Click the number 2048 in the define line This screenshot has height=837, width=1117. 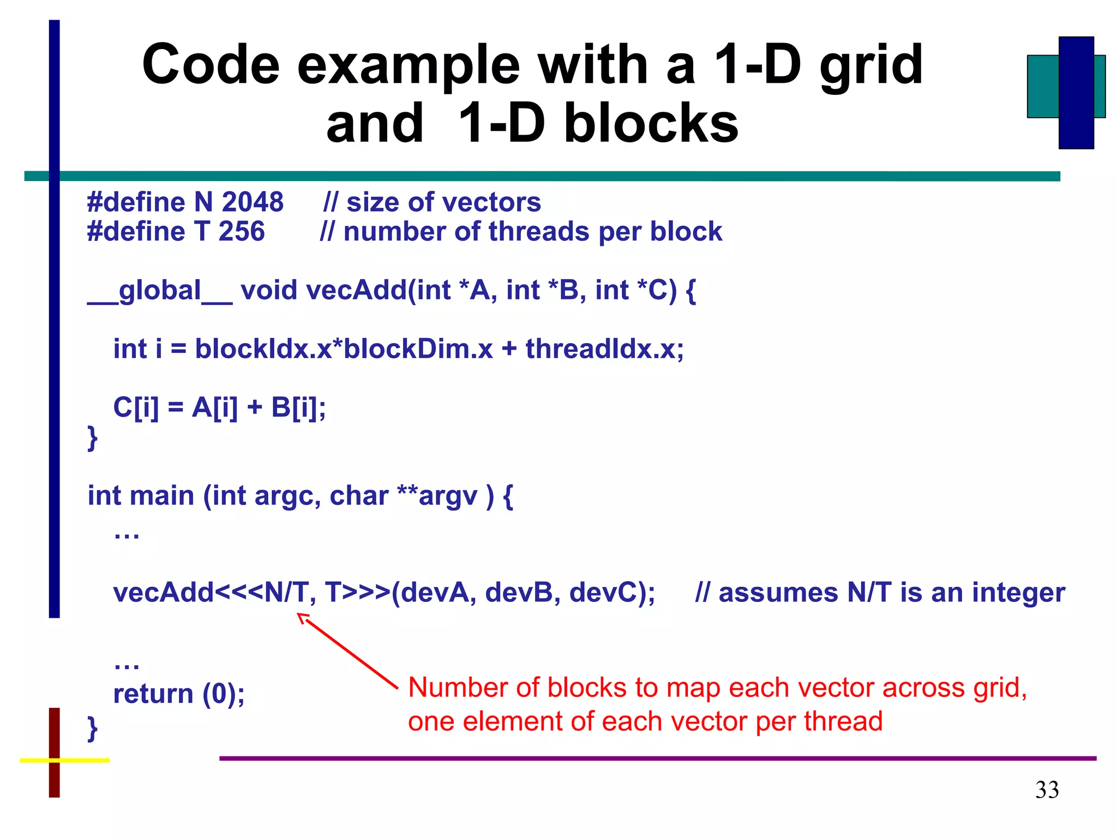pos(253,202)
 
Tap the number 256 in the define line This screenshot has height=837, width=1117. pos(241,231)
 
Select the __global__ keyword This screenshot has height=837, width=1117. pos(160,290)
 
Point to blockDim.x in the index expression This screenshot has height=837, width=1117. pos(418,348)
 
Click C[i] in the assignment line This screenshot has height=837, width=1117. pos(136,407)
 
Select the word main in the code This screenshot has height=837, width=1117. pos(162,496)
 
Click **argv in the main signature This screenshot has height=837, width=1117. pos(437,496)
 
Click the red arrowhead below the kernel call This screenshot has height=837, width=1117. pos(302,618)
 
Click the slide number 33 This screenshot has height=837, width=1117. pos(1047,790)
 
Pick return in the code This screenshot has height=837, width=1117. pos(153,694)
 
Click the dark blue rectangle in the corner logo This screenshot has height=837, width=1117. pos(1076,93)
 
